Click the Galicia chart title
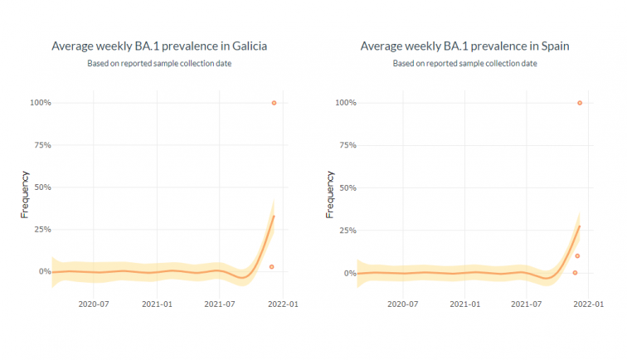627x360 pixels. coord(159,46)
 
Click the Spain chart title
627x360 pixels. coord(465,46)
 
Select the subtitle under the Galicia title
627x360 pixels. coord(159,64)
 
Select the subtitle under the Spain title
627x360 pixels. coord(465,64)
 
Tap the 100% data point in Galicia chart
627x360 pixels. coord(274,103)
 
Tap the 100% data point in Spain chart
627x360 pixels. coord(580,103)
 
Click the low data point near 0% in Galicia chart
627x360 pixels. coord(271,267)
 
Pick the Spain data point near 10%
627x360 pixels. coord(577,255)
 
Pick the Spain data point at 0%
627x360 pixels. coord(575,273)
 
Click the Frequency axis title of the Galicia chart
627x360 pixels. coord(25,194)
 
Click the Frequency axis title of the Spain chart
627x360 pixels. coord(331,194)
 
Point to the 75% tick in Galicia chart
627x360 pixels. coord(41,145)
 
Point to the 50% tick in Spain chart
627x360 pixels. coord(348,188)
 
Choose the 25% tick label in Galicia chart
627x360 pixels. coord(41,229)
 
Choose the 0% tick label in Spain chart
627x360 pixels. coord(350,273)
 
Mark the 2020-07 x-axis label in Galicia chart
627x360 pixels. coord(94,304)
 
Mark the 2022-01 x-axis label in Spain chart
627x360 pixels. coord(587,304)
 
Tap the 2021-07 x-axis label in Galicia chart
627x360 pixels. coord(219,304)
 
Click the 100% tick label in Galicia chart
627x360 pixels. coord(40,103)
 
